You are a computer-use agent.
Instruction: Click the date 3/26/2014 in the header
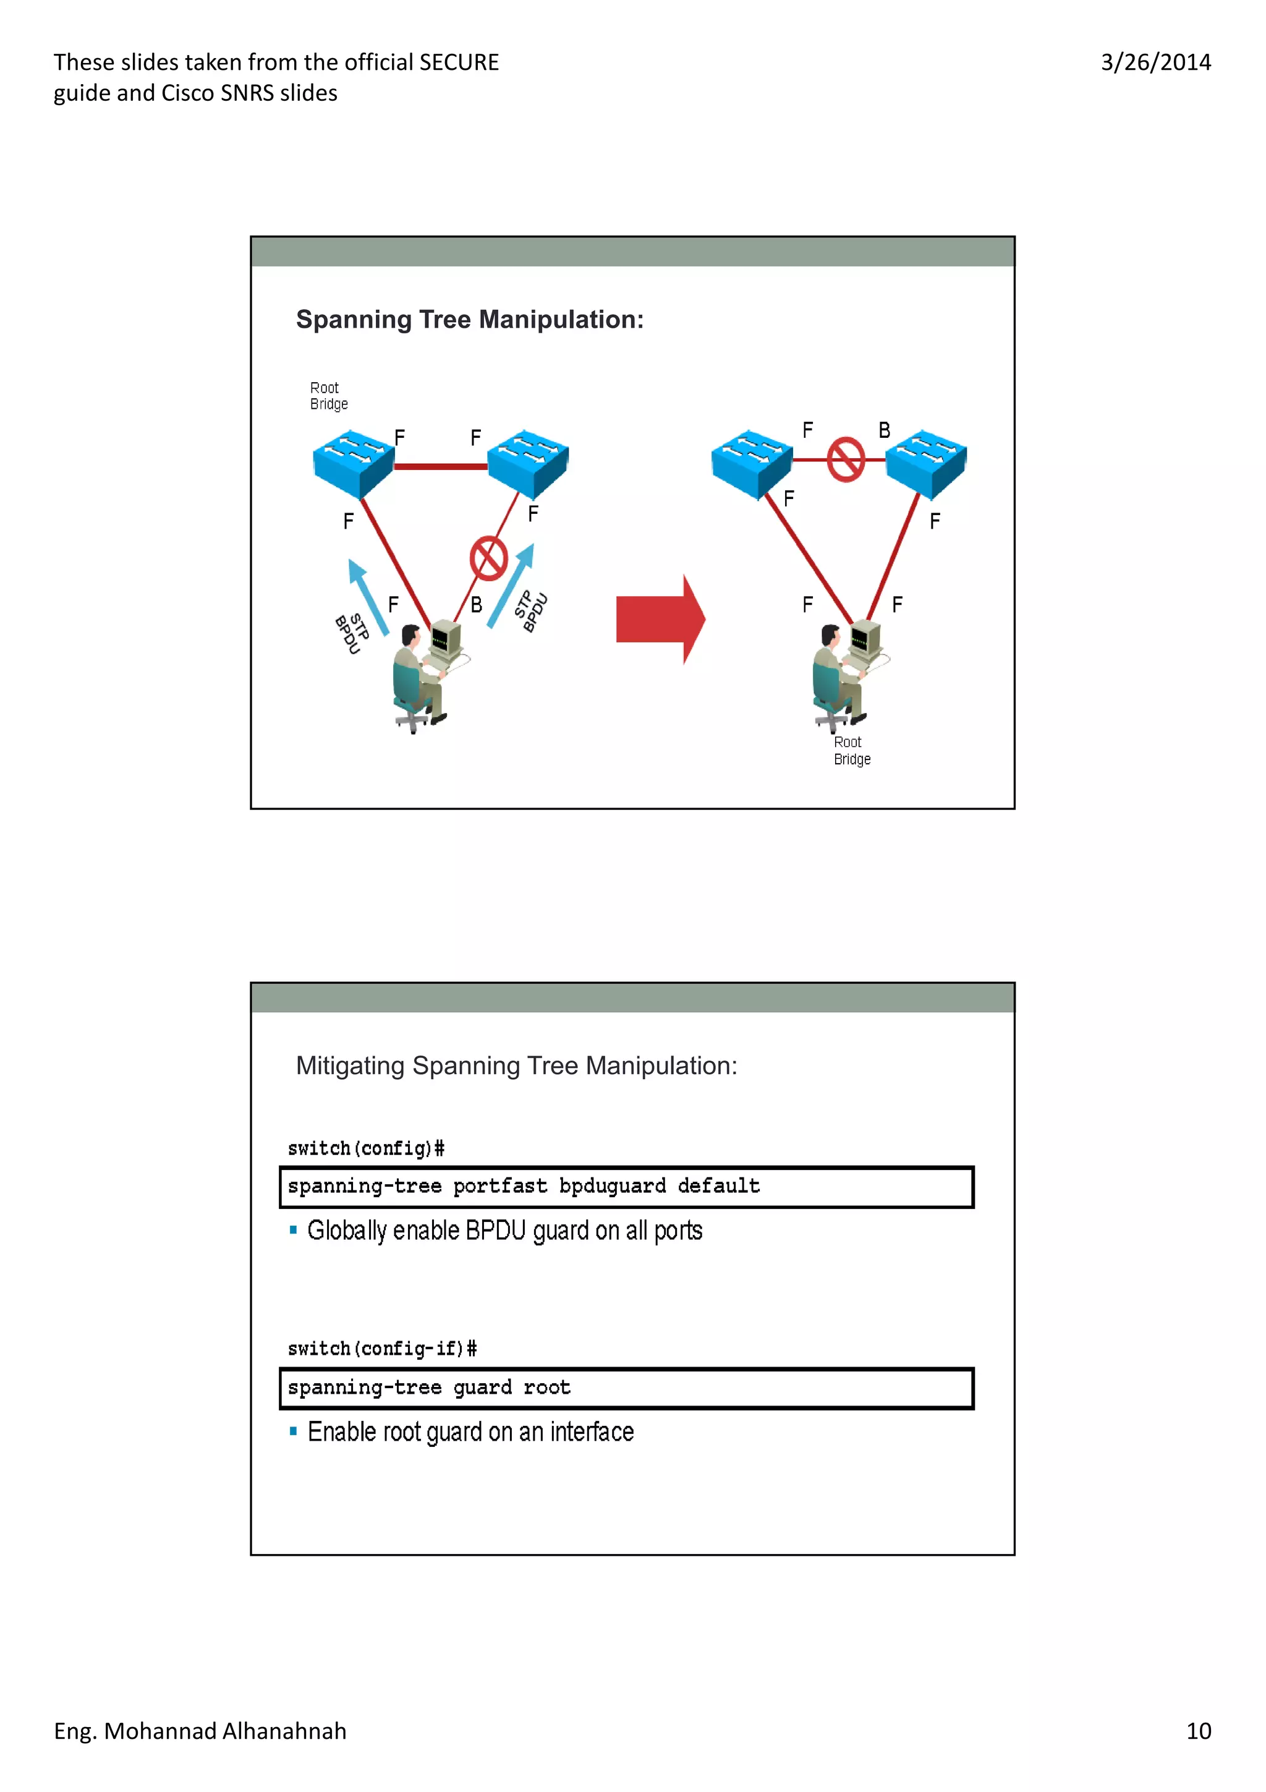pyautogui.click(x=1155, y=62)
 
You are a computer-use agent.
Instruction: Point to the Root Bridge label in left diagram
pyautogui.click(x=328, y=396)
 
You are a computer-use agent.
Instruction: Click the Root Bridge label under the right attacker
pyautogui.click(x=851, y=750)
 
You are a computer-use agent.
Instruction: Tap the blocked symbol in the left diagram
pyautogui.click(x=489, y=558)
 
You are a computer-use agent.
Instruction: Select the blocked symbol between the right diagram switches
pyautogui.click(x=846, y=459)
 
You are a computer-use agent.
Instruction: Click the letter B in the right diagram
pyautogui.click(x=884, y=430)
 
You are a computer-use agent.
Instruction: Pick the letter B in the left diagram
pyautogui.click(x=476, y=605)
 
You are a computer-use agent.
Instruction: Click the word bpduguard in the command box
pyautogui.click(x=613, y=1187)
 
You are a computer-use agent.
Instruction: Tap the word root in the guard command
pyautogui.click(x=547, y=1387)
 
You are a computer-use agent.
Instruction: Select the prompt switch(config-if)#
pyautogui.click(x=381, y=1349)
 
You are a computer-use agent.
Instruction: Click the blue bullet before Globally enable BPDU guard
pyautogui.click(x=293, y=1230)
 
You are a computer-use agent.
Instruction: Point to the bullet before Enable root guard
pyautogui.click(x=293, y=1431)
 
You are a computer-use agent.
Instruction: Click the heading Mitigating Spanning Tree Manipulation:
pyautogui.click(x=516, y=1065)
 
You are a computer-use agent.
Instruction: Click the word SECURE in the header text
pyautogui.click(x=459, y=62)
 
